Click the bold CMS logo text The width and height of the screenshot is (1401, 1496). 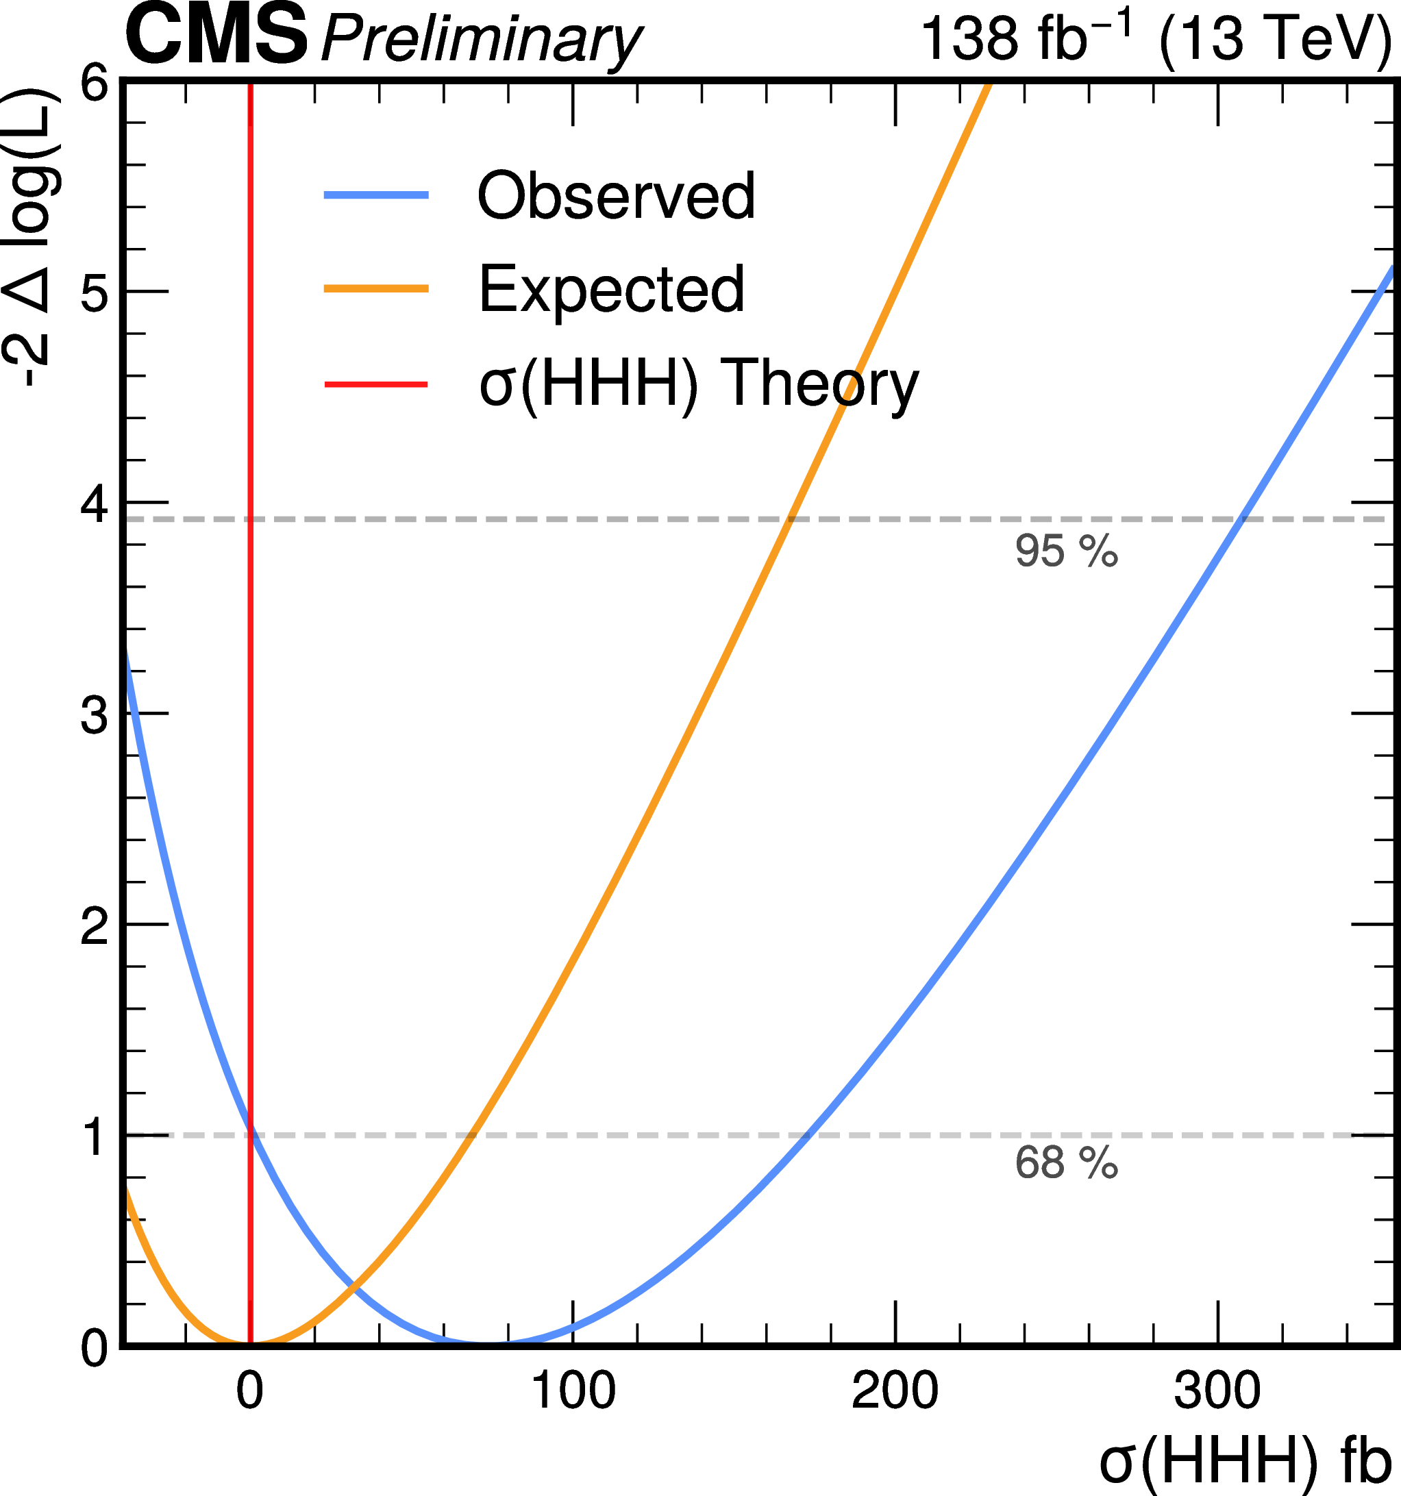pos(216,36)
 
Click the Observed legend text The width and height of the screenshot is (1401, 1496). pos(616,196)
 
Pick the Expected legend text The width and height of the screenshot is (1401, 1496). pos(611,289)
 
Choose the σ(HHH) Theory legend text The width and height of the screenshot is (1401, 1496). pos(699,384)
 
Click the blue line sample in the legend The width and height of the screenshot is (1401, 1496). pos(375,196)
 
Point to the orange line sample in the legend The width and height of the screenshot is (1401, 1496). pos(375,289)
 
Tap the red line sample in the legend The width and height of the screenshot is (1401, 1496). pos(375,384)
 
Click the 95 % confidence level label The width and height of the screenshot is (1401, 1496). pos(1066,551)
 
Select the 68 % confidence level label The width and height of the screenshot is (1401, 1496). pos(1066,1162)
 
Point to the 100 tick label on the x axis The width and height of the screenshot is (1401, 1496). pos(573,1391)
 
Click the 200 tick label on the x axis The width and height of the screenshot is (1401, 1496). pos(895,1391)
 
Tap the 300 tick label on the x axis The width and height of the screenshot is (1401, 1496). pos(1217,1391)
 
